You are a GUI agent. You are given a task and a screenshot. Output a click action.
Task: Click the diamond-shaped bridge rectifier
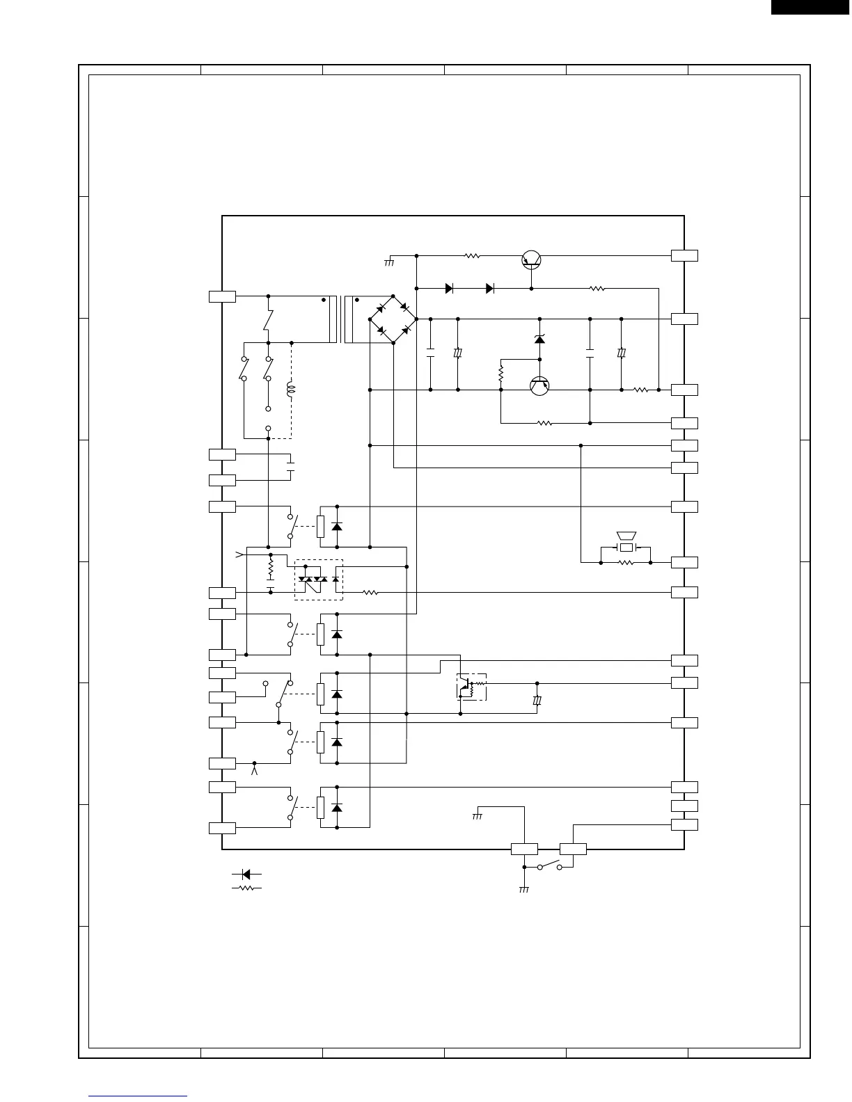click(x=393, y=319)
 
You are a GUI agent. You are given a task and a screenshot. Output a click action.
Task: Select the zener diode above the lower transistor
click(x=539, y=339)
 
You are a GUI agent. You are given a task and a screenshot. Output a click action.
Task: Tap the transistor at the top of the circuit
click(x=532, y=259)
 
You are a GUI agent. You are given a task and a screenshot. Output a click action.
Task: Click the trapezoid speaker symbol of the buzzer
click(x=626, y=536)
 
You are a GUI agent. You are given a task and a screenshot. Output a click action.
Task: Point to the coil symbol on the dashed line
click(x=291, y=390)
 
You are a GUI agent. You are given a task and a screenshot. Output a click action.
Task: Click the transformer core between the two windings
click(x=340, y=319)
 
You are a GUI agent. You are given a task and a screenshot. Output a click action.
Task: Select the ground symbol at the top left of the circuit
click(x=389, y=262)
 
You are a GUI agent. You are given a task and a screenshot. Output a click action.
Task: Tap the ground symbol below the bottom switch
click(x=524, y=889)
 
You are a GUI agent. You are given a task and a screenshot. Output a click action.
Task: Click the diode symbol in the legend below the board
click(x=246, y=875)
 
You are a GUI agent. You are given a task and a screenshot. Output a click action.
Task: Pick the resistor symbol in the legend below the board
click(x=246, y=888)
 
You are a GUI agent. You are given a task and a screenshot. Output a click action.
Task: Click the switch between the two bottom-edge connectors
click(x=549, y=866)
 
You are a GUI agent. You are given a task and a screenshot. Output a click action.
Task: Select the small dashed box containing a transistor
click(x=471, y=687)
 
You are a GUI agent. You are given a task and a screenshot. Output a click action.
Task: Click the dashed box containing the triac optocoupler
click(x=319, y=580)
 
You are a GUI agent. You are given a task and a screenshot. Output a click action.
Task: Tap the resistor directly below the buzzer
click(x=626, y=562)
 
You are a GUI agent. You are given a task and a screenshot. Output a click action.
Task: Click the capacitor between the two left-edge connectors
click(x=291, y=467)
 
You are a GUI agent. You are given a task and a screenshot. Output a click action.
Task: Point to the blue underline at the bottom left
click(x=138, y=1096)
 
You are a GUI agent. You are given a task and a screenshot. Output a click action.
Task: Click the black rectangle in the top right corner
click(x=811, y=6)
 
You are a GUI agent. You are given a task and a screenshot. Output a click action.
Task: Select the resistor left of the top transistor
click(x=472, y=256)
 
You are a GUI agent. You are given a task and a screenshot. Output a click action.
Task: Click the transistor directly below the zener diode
click(x=539, y=385)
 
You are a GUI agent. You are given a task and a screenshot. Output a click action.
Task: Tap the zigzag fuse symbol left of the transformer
click(x=268, y=320)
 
